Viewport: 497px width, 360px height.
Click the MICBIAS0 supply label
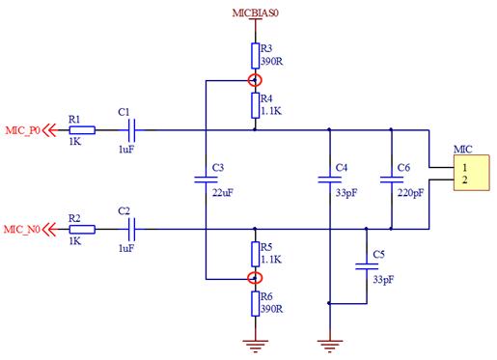(254, 13)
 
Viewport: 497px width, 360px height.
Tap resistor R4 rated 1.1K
(255, 103)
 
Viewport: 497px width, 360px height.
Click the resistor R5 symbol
(255, 254)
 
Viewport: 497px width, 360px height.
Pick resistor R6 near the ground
(255, 303)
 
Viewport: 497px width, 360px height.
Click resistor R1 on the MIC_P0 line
(81, 129)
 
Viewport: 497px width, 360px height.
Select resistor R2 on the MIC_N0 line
(81, 229)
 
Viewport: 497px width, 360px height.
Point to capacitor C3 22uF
(206, 180)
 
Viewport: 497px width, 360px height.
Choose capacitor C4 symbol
(330, 180)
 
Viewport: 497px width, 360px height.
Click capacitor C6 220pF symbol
(391, 180)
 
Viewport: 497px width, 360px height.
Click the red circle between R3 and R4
(255, 80)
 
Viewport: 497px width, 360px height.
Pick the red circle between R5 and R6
(255, 278)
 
